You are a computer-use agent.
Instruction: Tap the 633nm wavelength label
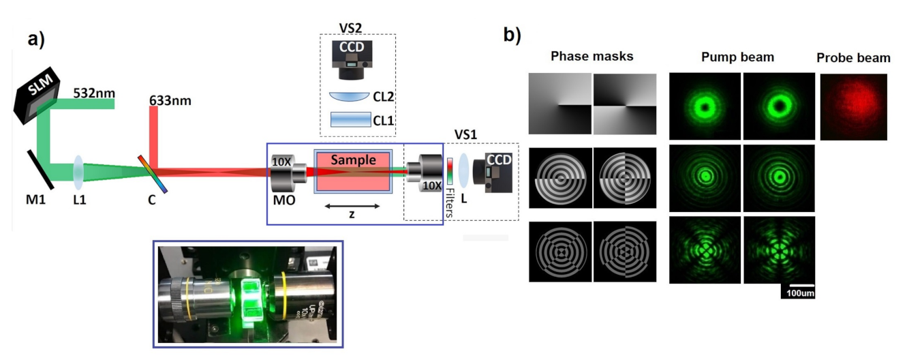pyautogui.click(x=170, y=102)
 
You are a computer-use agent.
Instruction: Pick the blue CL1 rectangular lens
pyautogui.click(x=350, y=120)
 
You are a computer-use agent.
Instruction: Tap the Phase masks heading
pyautogui.click(x=591, y=57)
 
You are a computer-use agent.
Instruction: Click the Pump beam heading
pyautogui.click(x=737, y=57)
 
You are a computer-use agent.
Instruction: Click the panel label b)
pyautogui.click(x=512, y=35)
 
